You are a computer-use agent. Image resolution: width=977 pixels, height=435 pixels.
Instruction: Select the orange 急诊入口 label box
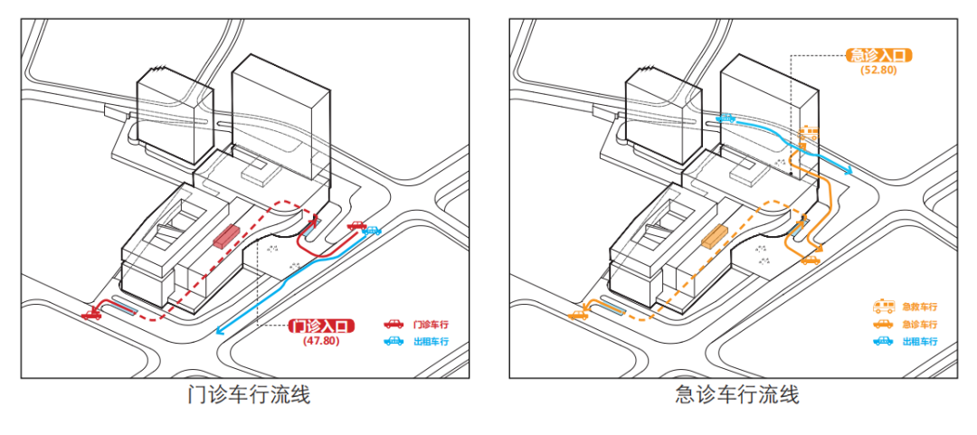pos(877,55)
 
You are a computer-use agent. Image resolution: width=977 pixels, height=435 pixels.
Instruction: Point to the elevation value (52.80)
pos(877,70)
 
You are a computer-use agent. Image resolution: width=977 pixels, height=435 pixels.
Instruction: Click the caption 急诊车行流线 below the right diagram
pos(737,395)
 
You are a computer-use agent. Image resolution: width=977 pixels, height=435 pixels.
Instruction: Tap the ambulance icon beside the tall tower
pos(809,136)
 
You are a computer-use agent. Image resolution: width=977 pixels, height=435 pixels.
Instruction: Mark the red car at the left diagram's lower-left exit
pos(91,314)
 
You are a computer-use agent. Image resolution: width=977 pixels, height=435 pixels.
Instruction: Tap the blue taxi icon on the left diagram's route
pos(371,230)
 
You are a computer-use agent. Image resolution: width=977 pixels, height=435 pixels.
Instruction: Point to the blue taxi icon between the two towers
pos(724,118)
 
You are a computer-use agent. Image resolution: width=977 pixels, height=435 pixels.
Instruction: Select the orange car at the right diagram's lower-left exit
pos(579,315)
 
